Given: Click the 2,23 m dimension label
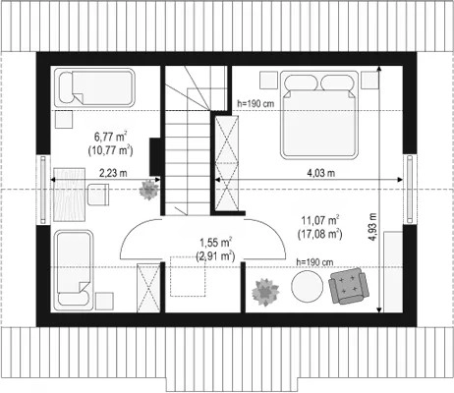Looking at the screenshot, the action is pos(113,173).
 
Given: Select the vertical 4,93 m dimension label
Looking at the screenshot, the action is pos(372,227).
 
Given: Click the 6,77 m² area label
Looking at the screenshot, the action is pos(110,136).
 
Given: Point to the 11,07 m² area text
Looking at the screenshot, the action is pos(320,220).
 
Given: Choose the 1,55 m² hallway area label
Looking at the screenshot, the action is pos(216,243).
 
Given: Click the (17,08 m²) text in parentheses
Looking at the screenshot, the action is pos(320,235).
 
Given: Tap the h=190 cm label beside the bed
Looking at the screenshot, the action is pos(255,104).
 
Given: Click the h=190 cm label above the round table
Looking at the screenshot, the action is pos(314,262).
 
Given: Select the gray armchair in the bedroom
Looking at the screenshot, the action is pos(349,286).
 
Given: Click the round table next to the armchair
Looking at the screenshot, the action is pos(307,287).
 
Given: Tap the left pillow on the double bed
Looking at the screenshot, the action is pos(301,83).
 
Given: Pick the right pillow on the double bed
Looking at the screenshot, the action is pos(337,83).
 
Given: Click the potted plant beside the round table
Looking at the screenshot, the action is pos(265,292).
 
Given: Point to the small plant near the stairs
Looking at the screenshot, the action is pos(149,190).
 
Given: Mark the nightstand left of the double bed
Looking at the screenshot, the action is pos(269,80).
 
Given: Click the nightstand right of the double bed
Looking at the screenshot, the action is pos(369,80).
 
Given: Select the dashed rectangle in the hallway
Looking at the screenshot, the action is pos(188,276).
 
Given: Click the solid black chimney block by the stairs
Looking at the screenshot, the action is pos(154,156).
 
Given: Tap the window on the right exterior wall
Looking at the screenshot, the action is pos(410,189).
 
